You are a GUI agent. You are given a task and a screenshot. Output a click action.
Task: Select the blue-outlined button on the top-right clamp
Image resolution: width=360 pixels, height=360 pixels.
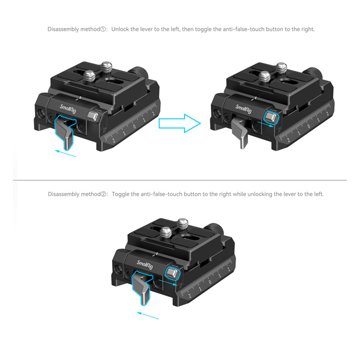tap(271, 117)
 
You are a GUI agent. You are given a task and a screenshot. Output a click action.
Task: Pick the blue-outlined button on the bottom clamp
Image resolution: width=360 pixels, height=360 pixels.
tap(172, 273)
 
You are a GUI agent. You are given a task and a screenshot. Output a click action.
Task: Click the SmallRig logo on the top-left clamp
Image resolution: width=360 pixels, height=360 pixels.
tap(68, 109)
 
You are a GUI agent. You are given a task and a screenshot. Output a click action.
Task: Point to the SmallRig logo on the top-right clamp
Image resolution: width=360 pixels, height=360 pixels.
tap(243, 109)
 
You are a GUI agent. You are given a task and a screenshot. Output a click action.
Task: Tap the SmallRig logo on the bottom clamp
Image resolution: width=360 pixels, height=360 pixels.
tap(145, 265)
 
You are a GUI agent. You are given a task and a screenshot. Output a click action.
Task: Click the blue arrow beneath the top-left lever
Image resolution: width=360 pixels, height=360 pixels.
tap(65, 154)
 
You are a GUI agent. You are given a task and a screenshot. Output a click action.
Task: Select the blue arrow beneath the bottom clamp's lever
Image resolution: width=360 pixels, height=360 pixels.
tap(148, 315)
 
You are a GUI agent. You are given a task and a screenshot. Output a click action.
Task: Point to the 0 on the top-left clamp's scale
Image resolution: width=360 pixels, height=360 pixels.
tap(134, 126)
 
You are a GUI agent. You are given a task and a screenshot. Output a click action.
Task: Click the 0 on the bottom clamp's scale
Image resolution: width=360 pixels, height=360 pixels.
tap(210, 282)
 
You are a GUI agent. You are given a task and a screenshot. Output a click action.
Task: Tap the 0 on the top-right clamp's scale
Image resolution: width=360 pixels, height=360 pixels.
tap(309, 127)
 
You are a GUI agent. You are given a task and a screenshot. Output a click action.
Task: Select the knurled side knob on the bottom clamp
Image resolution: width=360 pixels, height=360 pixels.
tap(214, 229)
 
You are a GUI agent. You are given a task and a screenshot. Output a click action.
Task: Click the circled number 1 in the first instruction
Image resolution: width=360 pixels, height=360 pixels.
tap(103, 29)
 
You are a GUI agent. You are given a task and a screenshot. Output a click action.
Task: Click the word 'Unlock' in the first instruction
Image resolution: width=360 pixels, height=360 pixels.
tap(120, 29)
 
